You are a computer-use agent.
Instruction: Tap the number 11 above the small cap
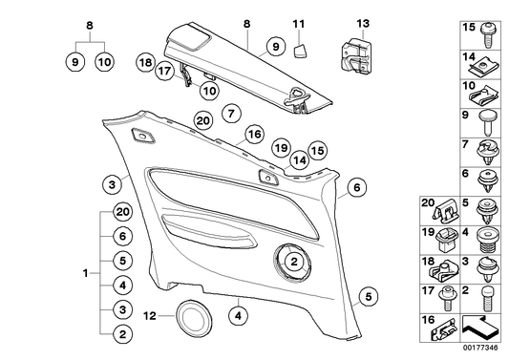point(298,23)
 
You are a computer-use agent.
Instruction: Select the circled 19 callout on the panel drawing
point(279,148)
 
